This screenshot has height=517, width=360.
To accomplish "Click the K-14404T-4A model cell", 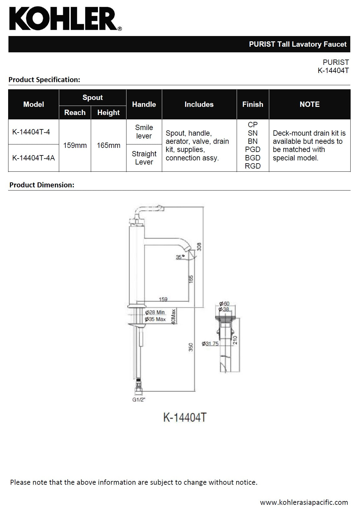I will pyautogui.click(x=33, y=158).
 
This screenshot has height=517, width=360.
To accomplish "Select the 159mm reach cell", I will pyautogui.click(x=75, y=145).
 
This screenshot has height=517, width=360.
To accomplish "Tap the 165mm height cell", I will pyautogui.click(x=108, y=145).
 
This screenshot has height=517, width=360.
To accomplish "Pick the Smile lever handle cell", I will pyautogui.click(x=144, y=132).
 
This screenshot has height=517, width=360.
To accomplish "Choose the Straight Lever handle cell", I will pyautogui.click(x=144, y=158).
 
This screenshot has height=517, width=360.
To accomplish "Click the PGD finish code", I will pyautogui.click(x=253, y=149).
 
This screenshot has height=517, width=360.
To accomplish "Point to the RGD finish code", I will pyautogui.click(x=253, y=166).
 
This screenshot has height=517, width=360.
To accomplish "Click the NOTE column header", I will pyautogui.click(x=309, y=104).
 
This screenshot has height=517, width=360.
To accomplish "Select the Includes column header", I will pyautogui.click(x=199, y=104).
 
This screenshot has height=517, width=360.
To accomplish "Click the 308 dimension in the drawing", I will pyautogui.click(x=199, y=247).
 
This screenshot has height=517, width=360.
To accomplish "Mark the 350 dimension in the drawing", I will pyautogui.click(x=191, y=347).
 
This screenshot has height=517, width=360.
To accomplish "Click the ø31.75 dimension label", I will pyautogui.click(x=210, y=344).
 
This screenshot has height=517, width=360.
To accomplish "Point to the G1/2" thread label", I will pyautogui.click(x=139, y=400).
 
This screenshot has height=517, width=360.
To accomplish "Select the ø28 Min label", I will pyautogui.click(x=155, y=312).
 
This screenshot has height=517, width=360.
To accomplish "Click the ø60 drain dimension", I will pyautogui.click(x=224, y=304).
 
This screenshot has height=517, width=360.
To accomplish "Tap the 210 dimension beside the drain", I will pyautogui.click(x=236, y=340).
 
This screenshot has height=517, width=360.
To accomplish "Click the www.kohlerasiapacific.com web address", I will pyautogui.click(x=304, y=502).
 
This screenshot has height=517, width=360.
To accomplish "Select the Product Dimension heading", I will pyautogui.click(x=42, y=185).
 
